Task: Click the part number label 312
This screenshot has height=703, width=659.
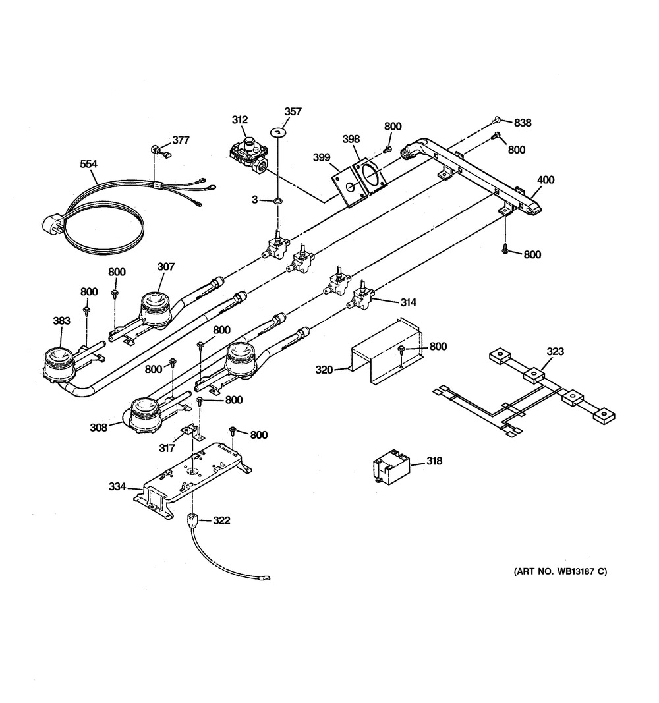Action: [x=239, y=120]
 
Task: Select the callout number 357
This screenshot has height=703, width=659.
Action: [x=293, y=111]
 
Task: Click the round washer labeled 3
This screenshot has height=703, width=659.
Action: [x=278, y=200]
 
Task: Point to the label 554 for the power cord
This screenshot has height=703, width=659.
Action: [x=88, y=164]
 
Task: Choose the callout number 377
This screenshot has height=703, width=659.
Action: [x=181, y=140]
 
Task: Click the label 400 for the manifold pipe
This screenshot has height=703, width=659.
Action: [x=546, y=180]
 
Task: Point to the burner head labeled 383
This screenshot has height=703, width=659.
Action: [x=58, y=363]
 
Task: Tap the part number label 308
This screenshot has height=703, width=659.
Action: [x=99, y=428]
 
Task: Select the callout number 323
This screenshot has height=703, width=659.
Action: [x=555, y=351]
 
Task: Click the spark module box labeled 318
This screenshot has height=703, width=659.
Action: [x=392, y=468]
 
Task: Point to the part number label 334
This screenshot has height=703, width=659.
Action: [x=117, y=486]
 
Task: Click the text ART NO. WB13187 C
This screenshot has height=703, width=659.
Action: [x=560, y=571]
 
